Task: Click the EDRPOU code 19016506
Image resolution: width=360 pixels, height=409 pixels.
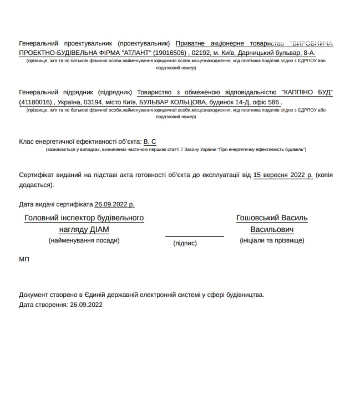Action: (x=170, y=53)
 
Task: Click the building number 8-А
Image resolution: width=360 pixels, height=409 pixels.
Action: (x=309, y=53)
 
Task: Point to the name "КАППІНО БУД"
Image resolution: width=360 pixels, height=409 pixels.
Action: (x=307, y=92)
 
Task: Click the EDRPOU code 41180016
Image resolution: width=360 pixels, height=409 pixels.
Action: (x=35, y=102)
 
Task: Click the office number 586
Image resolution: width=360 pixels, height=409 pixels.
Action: (x=273, y=102)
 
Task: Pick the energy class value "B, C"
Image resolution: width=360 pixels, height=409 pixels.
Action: (x=150, y=142)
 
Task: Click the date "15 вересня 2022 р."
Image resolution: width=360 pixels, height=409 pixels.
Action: (x=283, y=175)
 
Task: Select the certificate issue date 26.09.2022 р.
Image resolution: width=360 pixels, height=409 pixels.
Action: (x=114, y=204)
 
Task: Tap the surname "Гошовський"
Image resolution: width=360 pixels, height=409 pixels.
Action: (x=257, y=218)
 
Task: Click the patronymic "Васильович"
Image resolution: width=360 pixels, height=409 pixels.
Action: (x=272, y=230)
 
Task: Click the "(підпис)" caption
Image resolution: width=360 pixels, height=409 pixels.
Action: (x=185, y=243)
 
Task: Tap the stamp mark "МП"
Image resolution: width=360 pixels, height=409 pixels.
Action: (x=24, y=259)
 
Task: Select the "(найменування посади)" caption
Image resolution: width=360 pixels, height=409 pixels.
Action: (x=84, y=240)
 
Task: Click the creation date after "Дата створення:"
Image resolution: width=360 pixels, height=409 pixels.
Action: (x=86, y=305)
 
